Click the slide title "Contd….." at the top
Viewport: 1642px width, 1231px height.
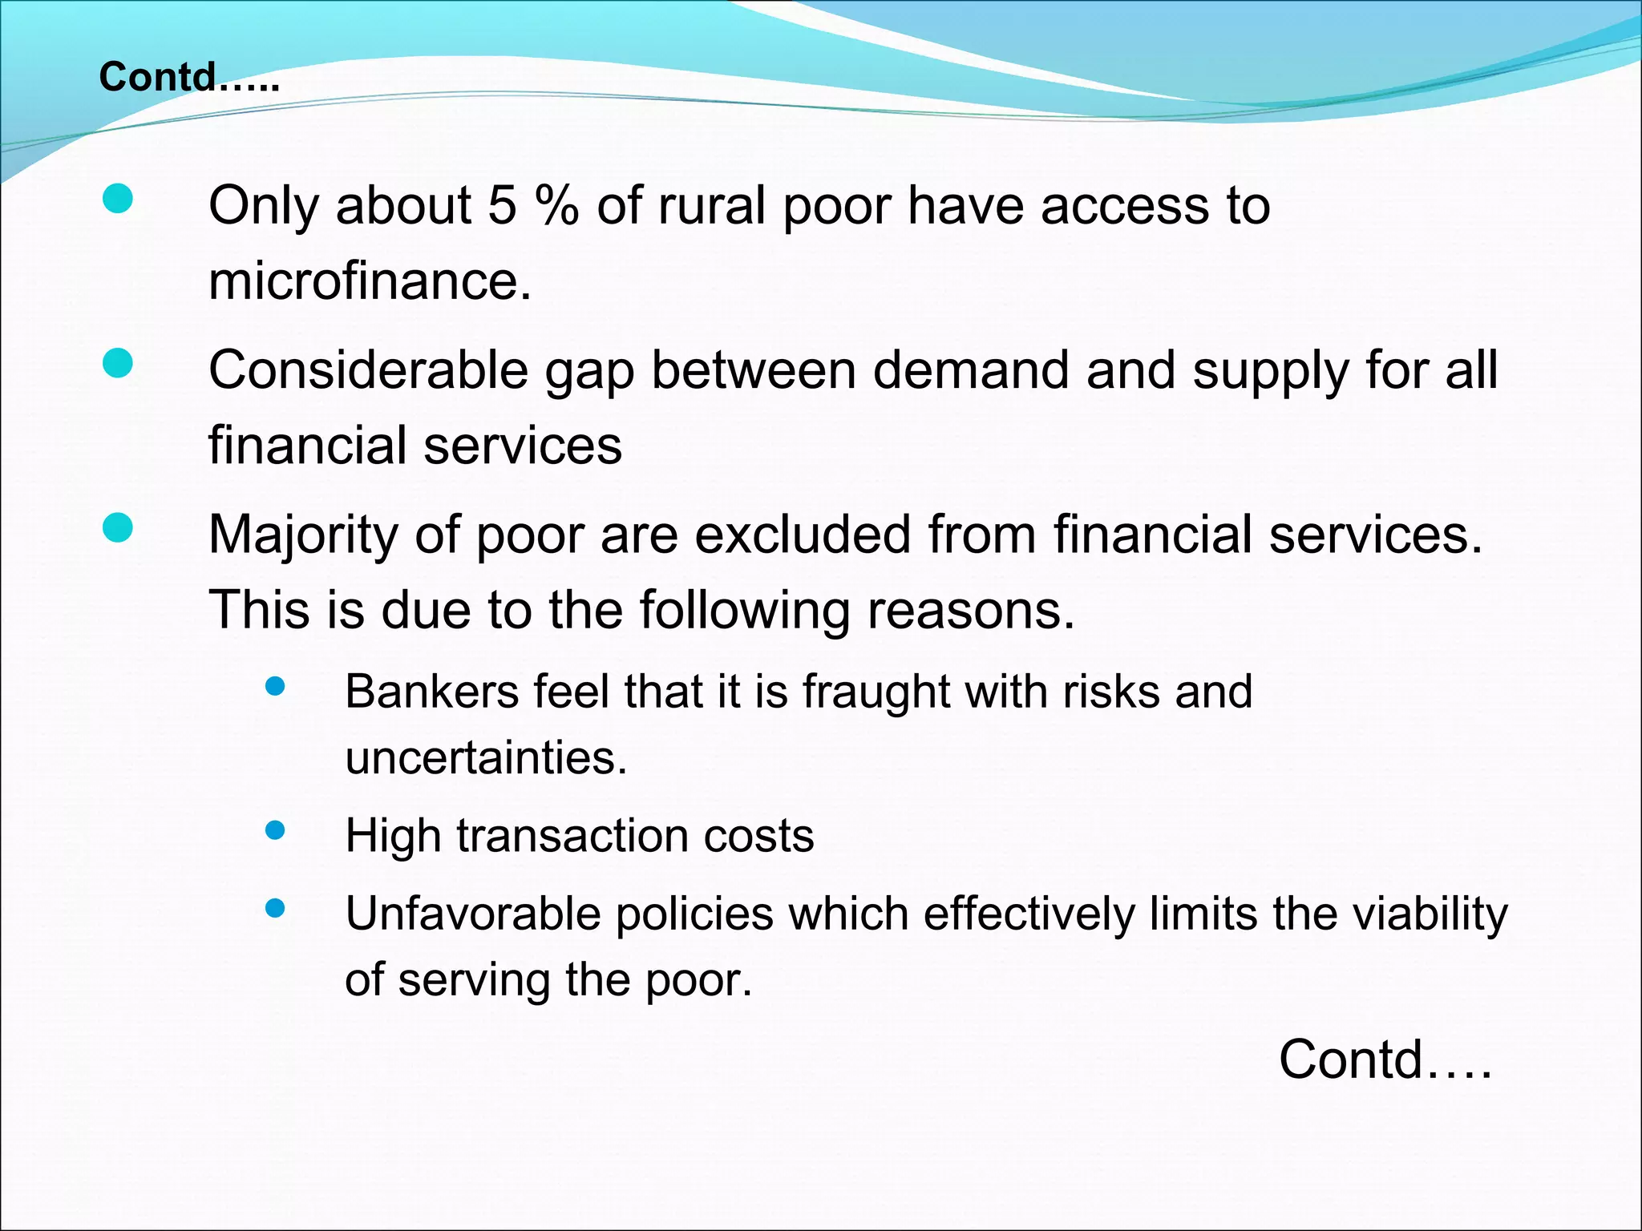(189, 78)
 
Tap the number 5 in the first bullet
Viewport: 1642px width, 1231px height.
(502, 206)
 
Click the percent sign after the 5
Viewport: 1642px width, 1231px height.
(556, 206)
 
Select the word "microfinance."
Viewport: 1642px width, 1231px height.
(370, 281)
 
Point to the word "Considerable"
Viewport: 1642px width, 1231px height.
(368, 371)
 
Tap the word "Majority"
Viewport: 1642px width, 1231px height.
(303, 535)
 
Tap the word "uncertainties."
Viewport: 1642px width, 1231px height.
(486, 757)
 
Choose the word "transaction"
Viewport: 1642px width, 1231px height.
(572, 836)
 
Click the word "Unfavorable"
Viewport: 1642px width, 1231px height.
(472, 914)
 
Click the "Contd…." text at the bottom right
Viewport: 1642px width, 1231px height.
(1385, 1059)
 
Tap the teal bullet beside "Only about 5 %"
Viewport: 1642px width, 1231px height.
(118, 199)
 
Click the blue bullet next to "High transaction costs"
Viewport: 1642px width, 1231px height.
(275, 830)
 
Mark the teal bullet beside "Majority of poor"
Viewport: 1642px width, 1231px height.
(118, 528)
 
